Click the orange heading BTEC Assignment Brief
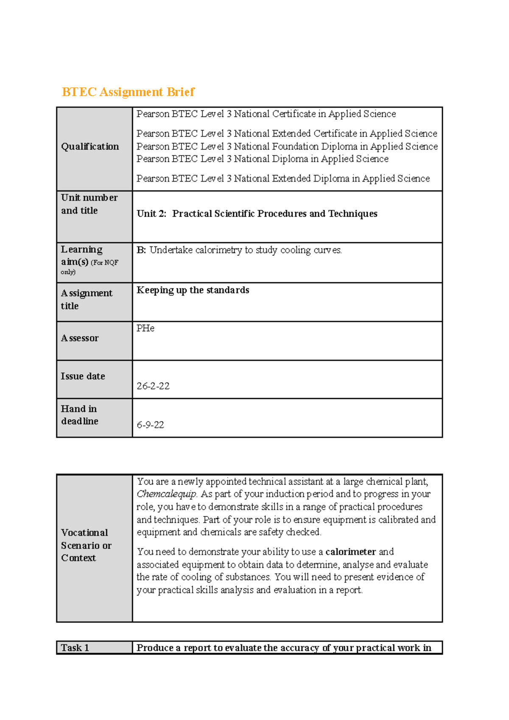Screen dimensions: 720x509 [128, 92]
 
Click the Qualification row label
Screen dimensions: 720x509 [90, 147]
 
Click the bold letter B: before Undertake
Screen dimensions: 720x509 [141, 250]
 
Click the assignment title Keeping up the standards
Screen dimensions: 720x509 [193, 290]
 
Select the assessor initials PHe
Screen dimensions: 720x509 [145, 328]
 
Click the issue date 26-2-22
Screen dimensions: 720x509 [153, 386]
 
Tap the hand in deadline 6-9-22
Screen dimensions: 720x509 [150, 425]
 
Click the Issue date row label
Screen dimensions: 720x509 [83, 377]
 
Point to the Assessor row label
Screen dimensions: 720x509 [80, 338]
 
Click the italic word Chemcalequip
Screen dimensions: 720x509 [167, 494]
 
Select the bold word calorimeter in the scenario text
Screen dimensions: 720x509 [350, 552]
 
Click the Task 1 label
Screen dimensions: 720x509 [75, 647]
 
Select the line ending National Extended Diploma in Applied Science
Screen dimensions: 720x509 [283, 179]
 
